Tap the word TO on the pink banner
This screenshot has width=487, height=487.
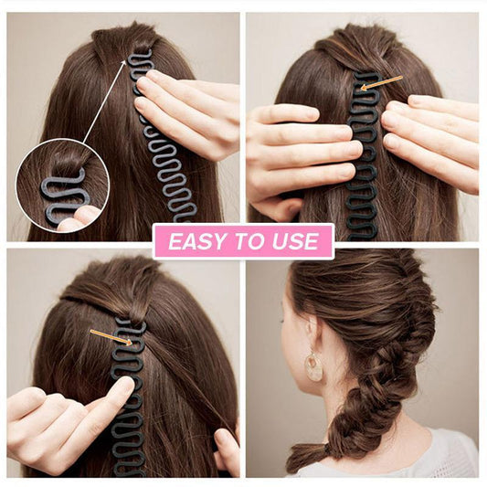point(249,241)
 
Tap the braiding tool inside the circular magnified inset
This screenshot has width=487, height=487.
point(62,196)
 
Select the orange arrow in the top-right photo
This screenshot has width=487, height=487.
point(381,83)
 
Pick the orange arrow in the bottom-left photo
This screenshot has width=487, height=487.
point(111,337)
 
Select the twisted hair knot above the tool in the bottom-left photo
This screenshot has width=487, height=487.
point(134,312)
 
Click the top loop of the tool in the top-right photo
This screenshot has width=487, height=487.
point(367,77)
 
